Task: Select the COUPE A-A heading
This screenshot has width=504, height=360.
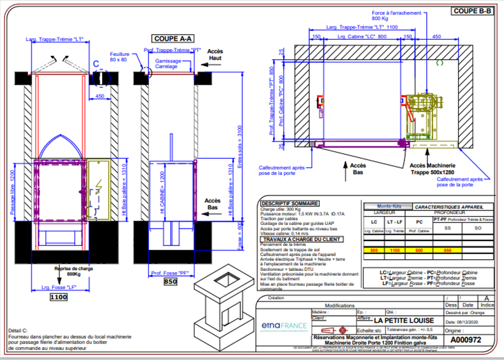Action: [x=170, y=37]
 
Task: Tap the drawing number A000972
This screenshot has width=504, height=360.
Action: [x=465, y=341]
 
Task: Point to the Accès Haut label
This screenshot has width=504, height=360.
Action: [x=215, y=54]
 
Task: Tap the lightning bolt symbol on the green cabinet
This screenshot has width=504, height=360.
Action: [x=98, y=184]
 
